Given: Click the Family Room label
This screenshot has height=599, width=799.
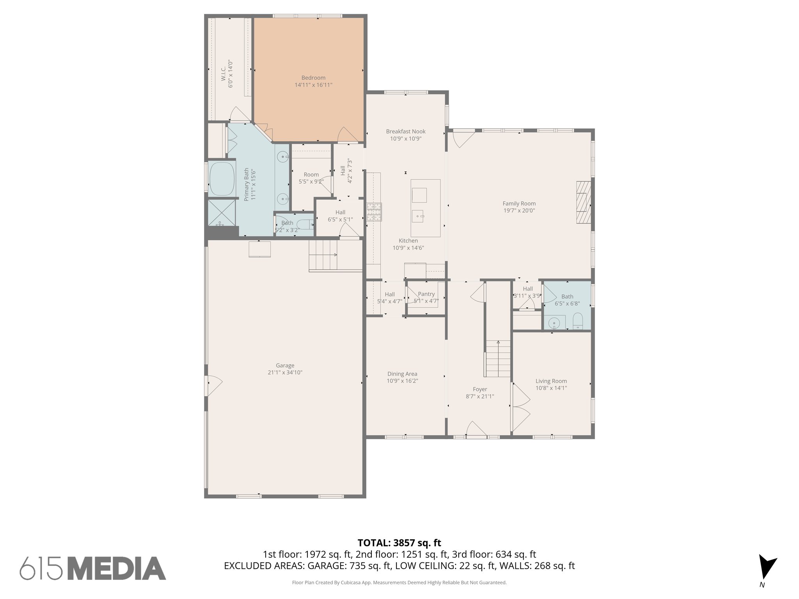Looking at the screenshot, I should coord(518,204).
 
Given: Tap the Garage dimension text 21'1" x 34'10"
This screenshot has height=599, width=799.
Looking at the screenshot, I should coord(285,372).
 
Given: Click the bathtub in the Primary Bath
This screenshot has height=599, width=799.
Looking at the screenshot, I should coord(222,179).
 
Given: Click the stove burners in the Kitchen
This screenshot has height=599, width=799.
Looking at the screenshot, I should coord(373,213).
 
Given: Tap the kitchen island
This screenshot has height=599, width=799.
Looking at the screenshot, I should coord(425,208).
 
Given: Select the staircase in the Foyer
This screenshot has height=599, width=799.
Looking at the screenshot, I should coord(497,358).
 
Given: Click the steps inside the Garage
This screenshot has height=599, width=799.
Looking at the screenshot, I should coord(323,255).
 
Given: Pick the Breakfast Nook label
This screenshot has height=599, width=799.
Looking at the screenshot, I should coord(405,131).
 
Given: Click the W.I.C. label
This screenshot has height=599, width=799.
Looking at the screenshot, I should coord(223,74).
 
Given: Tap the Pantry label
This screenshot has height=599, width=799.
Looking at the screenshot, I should coord(426,294).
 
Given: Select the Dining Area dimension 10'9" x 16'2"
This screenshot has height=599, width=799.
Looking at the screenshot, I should coord(402,381).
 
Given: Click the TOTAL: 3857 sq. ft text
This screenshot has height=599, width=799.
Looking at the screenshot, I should coord(399,543).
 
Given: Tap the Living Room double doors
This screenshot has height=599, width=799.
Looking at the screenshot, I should coord(520,408).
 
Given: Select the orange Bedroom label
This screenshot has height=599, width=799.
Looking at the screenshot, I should coord(313,78).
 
